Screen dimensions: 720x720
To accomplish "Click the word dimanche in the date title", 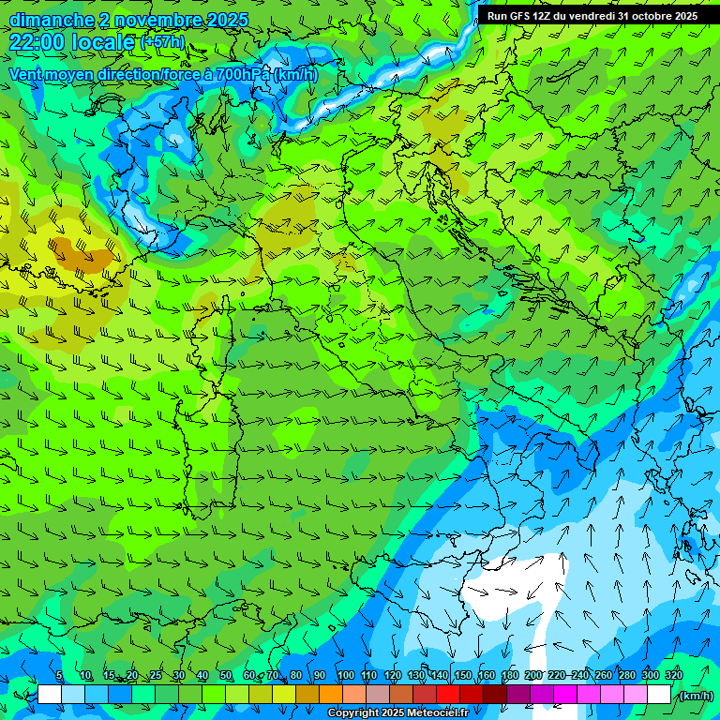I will [x=52, y=20].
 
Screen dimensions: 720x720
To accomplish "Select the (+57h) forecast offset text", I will [x=162, y=42].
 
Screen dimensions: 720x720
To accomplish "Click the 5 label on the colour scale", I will [x=59, y=675].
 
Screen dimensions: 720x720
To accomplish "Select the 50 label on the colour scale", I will [x=225, y=675].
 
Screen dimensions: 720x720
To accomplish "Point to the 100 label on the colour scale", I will [x=344, y=675].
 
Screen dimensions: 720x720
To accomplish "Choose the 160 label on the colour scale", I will [x=486, y=675].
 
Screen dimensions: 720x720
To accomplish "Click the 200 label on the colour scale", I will [x=533, y=675].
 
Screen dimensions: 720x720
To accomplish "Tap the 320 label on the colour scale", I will [x=674, y=675].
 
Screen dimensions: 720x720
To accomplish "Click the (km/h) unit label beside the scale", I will [x=696, y=695].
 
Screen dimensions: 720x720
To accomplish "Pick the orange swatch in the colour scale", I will [x=330, y=695].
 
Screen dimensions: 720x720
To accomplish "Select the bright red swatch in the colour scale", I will [x=447, y=695].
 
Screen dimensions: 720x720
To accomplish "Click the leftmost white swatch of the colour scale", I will [x=50, y=695].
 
